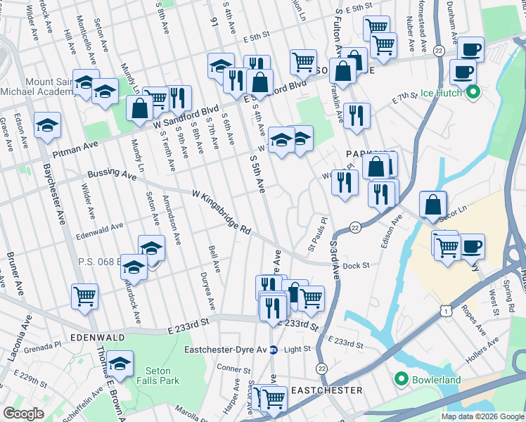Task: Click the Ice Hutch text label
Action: pyautogui.click(x=441, y=93)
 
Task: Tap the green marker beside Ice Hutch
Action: pyautogui.click(x=473, y=92)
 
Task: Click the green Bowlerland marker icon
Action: pyautogui.click(x=402, y=380)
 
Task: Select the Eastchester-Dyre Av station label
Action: pyautogui.click(x=225, y=350)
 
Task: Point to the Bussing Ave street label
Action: pyautogui.click(x=112, y=174)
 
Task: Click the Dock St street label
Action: pyautogui.click(x=357, y=266)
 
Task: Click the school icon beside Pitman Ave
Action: pyautogui.click(x=48, y=127)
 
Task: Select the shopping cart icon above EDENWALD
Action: pyautogui.click(x=84, y=296)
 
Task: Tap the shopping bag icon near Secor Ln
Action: pyautogui.click(x=433, y=204)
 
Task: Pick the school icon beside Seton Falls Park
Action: pyautogui.click(x=120, y=364)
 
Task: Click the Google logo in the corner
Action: pyautogui.click(x=24, y=414)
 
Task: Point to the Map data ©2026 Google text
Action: pyautogui.click(x=482, y=416)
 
